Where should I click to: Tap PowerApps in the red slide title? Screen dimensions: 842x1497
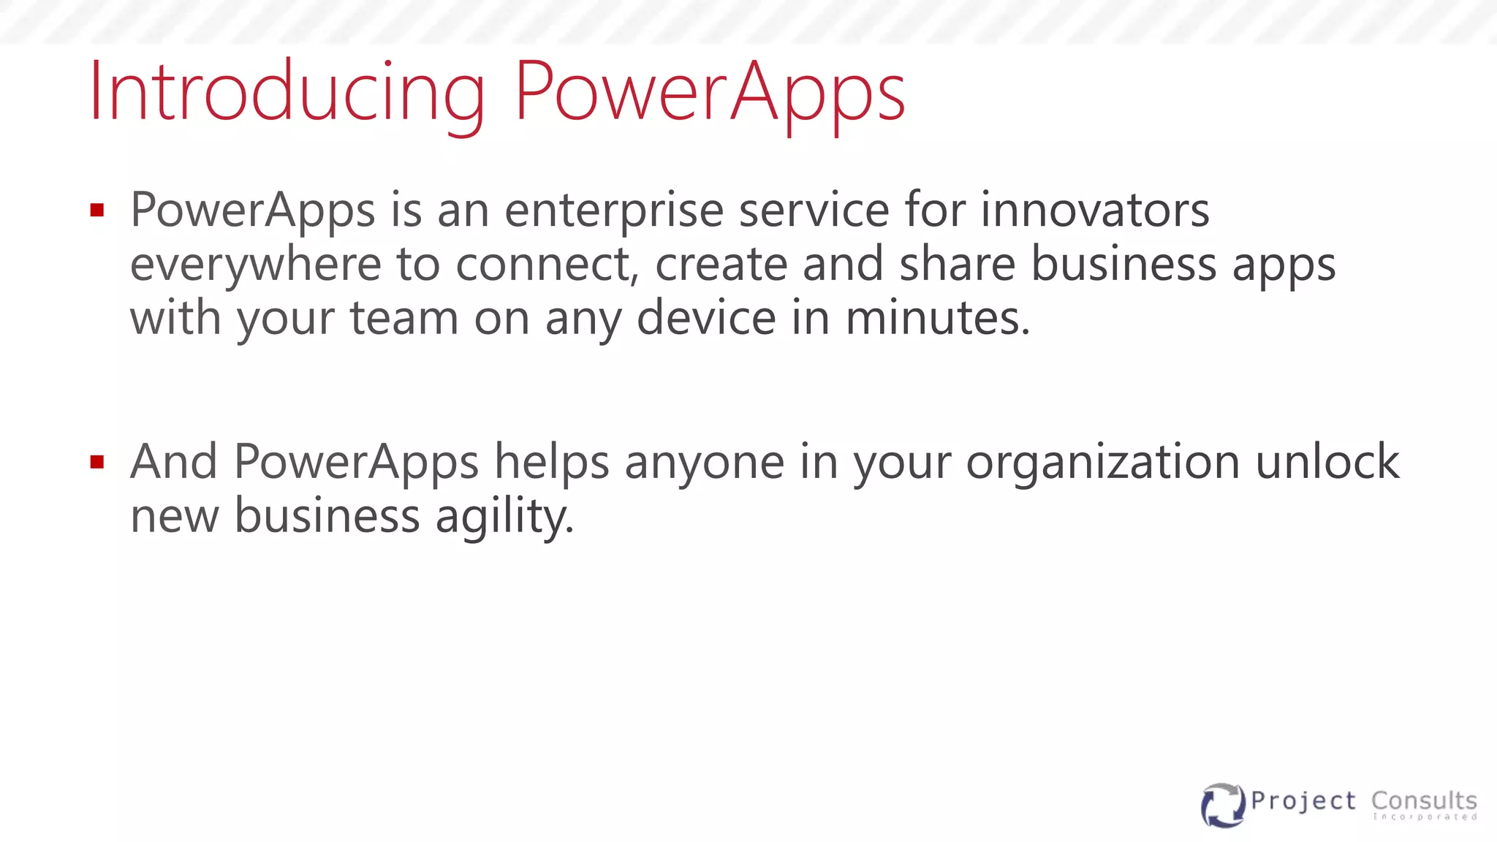(x=710, y=94)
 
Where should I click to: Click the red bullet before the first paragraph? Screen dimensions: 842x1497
(x=97, y=211)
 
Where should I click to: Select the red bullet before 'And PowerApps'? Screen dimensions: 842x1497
(x=97, y=462)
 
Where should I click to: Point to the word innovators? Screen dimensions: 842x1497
(x=1094, y=210)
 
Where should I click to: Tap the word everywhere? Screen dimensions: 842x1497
(x=255, y=265)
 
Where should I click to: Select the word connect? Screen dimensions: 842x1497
(x=547, y=265)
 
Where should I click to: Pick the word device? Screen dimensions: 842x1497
(x=706, y=318)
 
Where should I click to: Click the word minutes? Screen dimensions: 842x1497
(x=938, y=318)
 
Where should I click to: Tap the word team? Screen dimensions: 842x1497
(x=404, y=318)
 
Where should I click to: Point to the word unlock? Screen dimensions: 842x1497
(x=1327, y=462)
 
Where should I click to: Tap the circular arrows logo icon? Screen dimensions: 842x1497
(x=1222, y=805)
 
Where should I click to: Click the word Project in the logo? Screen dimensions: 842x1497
(x=1303, y=801)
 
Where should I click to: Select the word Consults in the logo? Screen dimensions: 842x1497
(x=1424, y=801)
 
